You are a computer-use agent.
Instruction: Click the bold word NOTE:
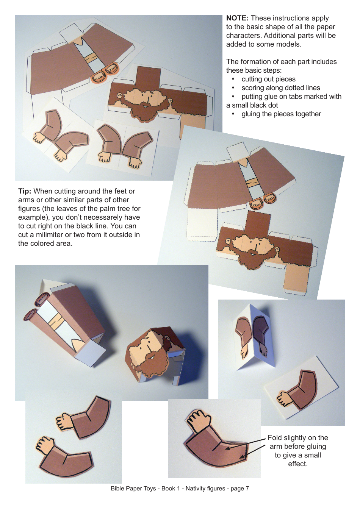237,18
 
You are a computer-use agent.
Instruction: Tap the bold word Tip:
25,191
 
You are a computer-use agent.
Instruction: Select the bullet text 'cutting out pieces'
268,79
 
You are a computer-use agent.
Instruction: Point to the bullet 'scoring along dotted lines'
280,88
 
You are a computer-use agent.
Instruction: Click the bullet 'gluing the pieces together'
281,114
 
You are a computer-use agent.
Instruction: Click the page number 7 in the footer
247,489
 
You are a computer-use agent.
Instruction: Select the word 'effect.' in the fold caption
298,464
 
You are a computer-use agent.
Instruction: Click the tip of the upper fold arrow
226,448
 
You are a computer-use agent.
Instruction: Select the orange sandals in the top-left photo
105,72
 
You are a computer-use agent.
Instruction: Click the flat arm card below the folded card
301,390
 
